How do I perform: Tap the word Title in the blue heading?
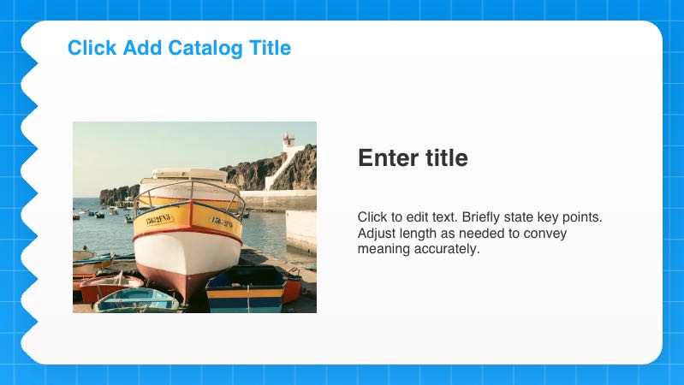(x=270, y=48)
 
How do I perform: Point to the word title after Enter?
(x=446, y=158)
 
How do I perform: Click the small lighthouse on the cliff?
(x=288, y=139)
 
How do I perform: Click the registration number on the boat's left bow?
(x=158, y=219)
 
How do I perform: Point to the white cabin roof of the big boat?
(x=190, y=175)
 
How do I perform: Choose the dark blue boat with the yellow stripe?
(x=247, y=288)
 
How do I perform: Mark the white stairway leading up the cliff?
(x=280, y=172)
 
